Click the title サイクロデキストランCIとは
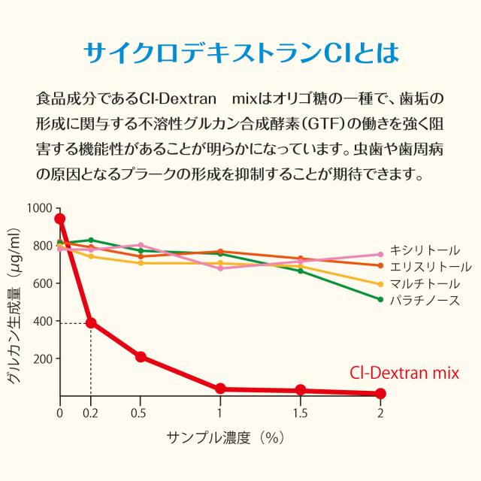coord(240,53)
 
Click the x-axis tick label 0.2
coord(90,413)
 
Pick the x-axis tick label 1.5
coord(300,413)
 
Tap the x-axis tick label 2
coord(380,413)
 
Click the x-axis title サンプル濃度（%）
coord(225,437)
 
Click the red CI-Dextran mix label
coord(404,372)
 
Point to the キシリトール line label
coord(425,250)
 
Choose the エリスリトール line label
coord(430,267)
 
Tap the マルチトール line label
coord(425,284)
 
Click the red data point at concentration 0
coord(60,219)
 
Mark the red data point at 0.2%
coord(91,322)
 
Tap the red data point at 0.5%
coord(141,357)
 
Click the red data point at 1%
coord(220,389)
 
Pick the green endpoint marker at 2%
coord(380,299)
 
